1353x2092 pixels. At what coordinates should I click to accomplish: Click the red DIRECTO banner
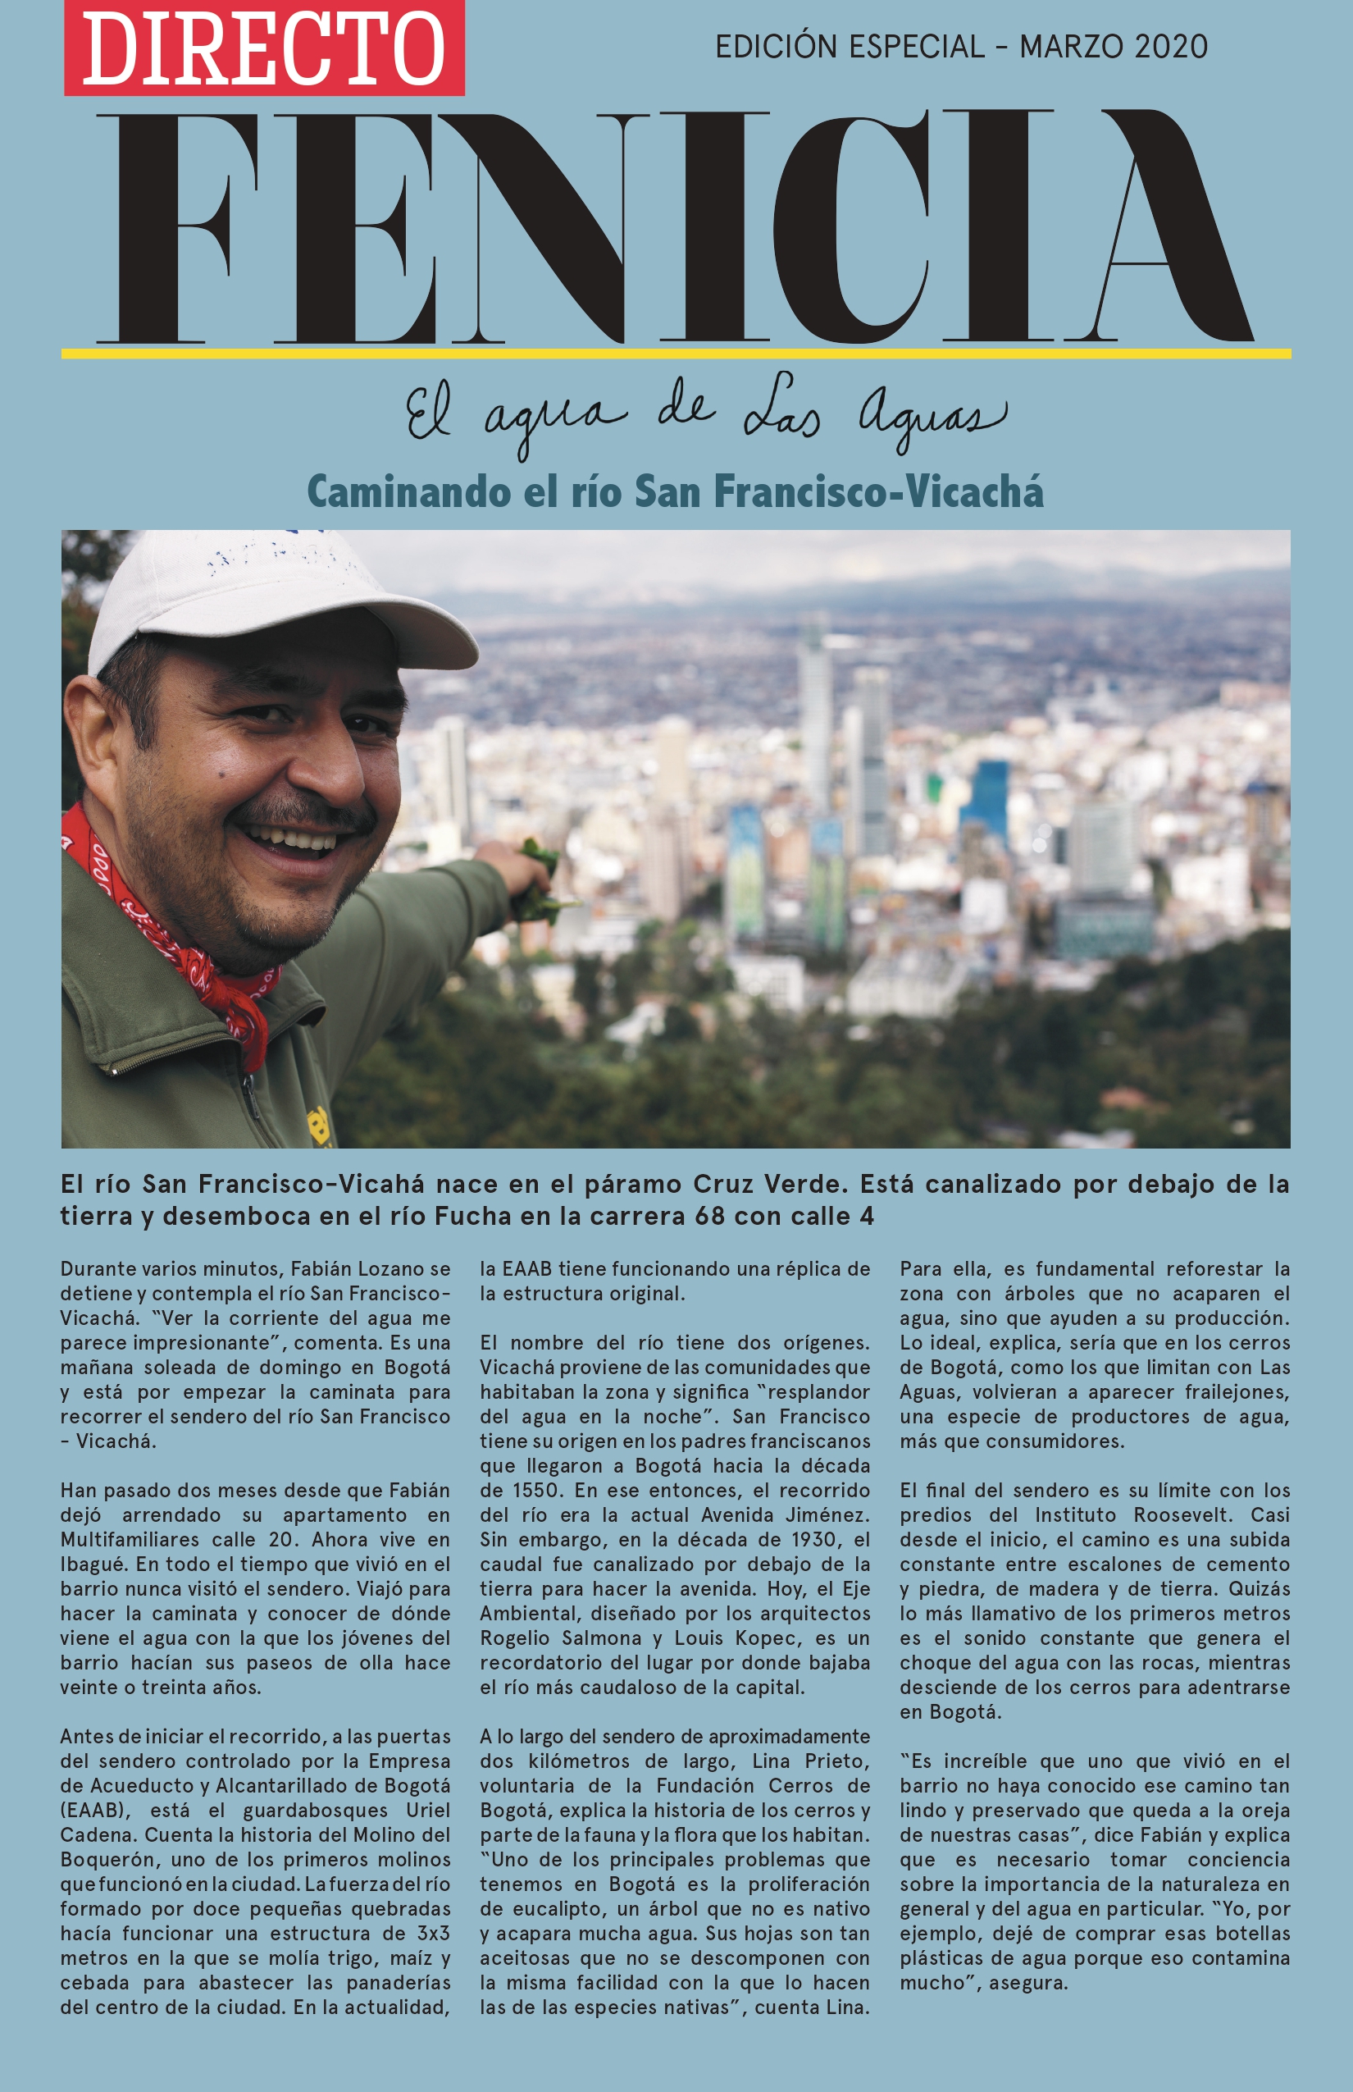coord(263,48)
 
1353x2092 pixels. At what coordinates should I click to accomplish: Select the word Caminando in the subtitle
coord(408,491)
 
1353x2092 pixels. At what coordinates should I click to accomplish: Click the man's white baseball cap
coord(263,598)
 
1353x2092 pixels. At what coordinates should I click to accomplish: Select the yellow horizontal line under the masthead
coord(676,354)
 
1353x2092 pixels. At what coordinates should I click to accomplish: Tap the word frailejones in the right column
coord(1237,1391)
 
